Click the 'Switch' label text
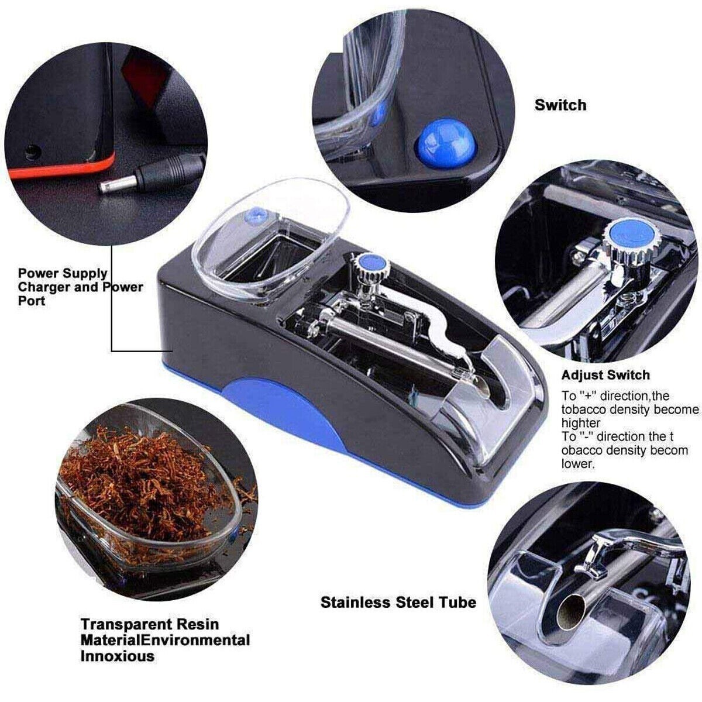click(560, 105)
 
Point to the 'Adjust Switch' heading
click(605, 375)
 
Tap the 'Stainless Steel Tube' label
click(398, 602)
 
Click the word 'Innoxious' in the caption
click(118, 656)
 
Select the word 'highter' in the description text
click(580, 423)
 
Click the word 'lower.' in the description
click(578, 464)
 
